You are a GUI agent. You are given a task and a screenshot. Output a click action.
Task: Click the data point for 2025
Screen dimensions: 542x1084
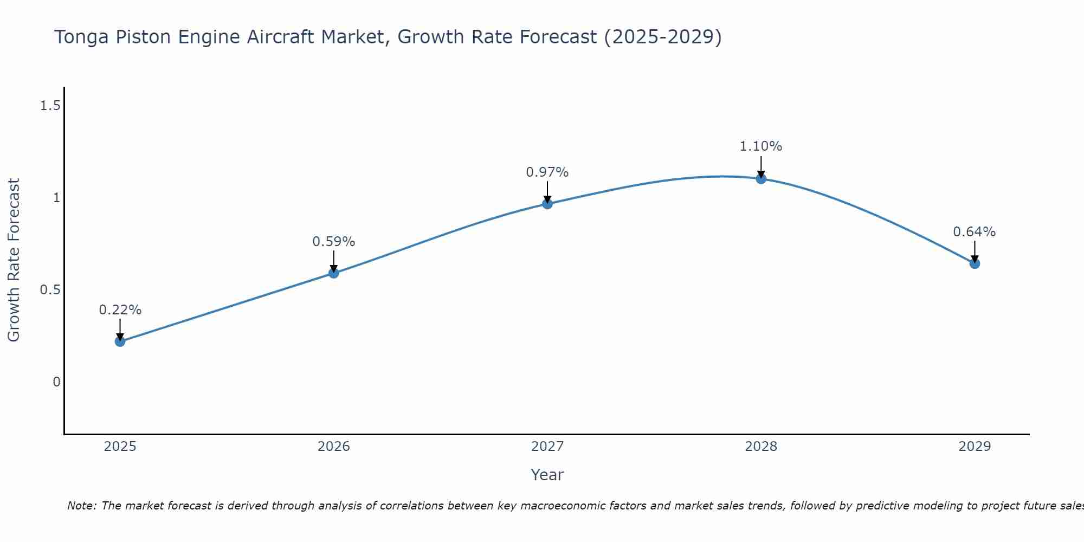(x=120, y=341)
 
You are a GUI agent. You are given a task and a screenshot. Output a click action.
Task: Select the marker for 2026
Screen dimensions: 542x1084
(x=334, y=273)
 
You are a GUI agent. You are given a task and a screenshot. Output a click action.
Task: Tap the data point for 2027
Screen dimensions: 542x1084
(x=547, y=204)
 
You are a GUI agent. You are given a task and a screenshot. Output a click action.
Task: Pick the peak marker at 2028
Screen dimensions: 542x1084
(x=761, y=179)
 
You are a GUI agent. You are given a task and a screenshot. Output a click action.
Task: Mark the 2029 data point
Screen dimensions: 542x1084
(x=975, y=264)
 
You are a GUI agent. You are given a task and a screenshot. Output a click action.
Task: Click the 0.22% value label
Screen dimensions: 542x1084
(x=120, y=310)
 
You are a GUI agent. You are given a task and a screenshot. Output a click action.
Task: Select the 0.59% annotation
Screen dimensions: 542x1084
(x=334, y=242)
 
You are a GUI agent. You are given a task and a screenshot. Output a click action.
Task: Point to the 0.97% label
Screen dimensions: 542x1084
(x=547, y=172)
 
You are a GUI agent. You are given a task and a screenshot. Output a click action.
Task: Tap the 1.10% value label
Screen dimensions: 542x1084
(x=761, y=146)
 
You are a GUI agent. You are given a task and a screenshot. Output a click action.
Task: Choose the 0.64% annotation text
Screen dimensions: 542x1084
(x=975, y=232)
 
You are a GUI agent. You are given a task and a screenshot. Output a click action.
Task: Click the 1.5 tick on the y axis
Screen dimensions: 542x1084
(x=50, y=106)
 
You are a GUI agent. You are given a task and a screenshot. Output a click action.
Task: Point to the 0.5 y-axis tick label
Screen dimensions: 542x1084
(x=50, y=290)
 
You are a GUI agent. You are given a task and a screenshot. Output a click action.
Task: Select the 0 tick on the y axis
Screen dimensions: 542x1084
(x=56, y=382)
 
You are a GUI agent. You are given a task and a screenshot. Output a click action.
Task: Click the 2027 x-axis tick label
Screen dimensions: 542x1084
(x=547, y=447)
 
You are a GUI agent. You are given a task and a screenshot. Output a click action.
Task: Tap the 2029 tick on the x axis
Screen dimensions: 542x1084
(x=975, y=447)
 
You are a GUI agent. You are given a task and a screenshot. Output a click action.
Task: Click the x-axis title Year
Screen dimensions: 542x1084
(x=547, y=475)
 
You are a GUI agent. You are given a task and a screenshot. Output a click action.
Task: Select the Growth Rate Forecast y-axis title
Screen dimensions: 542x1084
(x=14, y=260)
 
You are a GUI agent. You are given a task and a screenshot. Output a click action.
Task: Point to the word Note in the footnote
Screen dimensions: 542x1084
(x=81, y=506)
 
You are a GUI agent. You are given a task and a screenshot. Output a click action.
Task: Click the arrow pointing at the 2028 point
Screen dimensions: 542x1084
(x=761, y=167)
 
